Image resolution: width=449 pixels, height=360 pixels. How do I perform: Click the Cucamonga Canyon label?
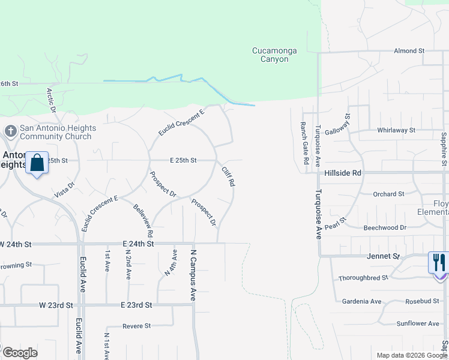tap(274, 55)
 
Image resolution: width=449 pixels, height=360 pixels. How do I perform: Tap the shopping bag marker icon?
tap(37, 163)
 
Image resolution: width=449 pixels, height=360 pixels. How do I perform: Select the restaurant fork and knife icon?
tap(439, 262)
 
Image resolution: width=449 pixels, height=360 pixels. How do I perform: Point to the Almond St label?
tap(409, 52)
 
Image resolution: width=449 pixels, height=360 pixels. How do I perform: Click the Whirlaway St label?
tap(396, 130)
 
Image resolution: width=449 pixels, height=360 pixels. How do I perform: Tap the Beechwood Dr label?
tap(385, 228)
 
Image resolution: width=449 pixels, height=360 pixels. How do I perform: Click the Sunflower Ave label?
tap(418, 323)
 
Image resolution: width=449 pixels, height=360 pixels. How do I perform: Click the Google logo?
tap(20, 352)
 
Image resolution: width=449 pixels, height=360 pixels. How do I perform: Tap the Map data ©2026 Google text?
tap(411, 355)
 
